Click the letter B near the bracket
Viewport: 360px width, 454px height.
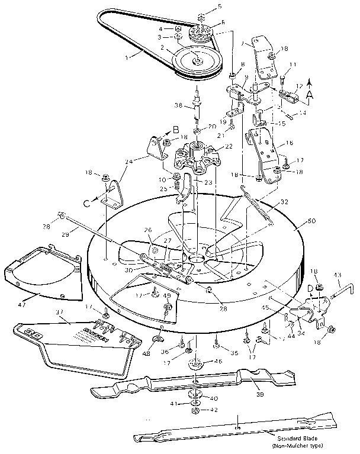(175, 130)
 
